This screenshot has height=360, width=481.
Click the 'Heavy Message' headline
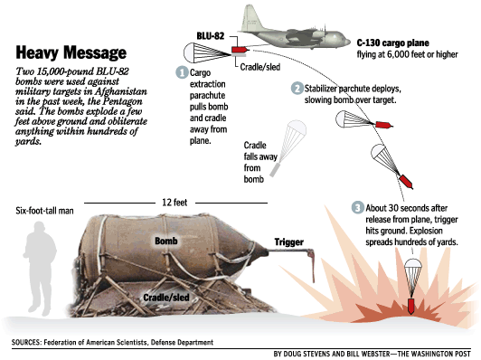[71, 52]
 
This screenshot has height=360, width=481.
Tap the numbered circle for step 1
[182, 72]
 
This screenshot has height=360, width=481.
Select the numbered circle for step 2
[297, 89]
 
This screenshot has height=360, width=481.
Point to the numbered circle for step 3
[358, 208]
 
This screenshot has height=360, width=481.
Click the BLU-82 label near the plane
[211, 36]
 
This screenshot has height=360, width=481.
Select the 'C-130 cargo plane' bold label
[393, 43]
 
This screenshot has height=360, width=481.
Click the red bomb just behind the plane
[240, 50]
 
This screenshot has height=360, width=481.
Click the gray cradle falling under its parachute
[275, 170]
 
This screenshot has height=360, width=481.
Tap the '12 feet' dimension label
[174, 203]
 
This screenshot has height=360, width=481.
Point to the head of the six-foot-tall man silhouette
[40, 229]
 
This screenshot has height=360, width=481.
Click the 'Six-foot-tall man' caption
[44, 211]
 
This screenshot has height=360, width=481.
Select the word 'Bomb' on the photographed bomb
[166, 241]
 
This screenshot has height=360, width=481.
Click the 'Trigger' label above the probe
[289, 242]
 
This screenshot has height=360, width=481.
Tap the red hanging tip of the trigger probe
[313, 267]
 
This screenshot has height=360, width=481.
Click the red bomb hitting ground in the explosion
[410, 306]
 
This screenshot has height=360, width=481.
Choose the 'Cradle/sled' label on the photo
[166, 297]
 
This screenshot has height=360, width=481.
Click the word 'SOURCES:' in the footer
[26, 342]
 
